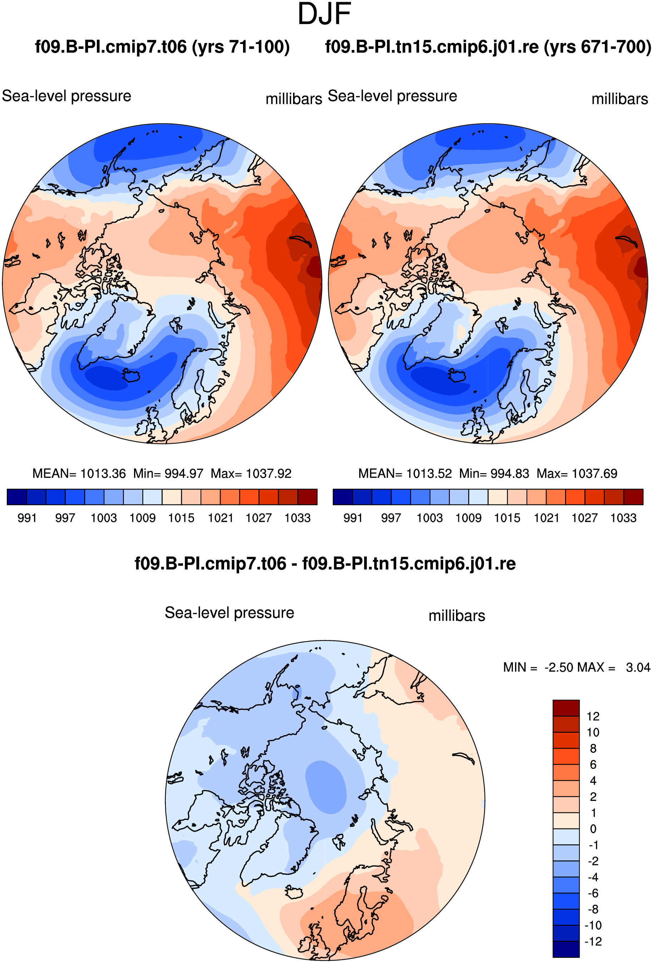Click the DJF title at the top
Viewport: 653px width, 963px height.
(324, 14)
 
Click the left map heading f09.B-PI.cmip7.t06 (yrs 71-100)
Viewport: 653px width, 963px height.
(162, 47)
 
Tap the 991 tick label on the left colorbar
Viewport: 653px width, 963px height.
(27, 518)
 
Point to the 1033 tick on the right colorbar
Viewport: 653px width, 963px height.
(623, 518)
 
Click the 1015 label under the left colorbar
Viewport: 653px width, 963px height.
(181, 518)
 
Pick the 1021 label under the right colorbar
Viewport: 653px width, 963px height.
(546, 518)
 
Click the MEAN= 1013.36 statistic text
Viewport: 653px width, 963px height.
(79, 473)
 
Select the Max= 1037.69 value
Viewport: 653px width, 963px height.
(577, 473)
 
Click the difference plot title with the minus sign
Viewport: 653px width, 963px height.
(325, 564)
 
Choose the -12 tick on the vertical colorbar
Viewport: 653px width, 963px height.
(593, 942)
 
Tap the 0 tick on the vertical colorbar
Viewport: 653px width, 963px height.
(593, 829)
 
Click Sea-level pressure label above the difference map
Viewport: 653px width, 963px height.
(229, 613)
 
